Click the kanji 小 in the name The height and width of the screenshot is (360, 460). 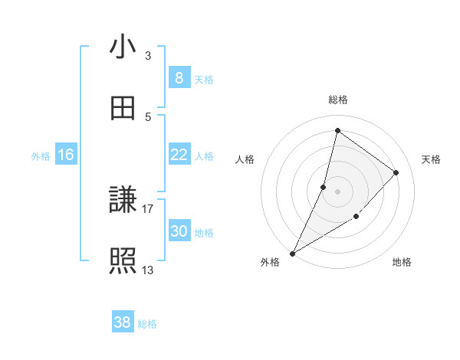(x=123, y=47)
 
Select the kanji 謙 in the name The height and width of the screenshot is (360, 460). (x=123, y=201)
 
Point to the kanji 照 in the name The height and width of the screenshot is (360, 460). (x=123, y=261)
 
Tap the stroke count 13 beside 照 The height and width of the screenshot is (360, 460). (x=147, y=270)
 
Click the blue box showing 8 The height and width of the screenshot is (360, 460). (x=179, y=78)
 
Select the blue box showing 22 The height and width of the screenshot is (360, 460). (x=179, y=155)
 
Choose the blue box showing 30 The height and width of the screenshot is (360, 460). (x=179, y=231)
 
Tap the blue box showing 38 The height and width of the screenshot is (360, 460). (x=123, y=322)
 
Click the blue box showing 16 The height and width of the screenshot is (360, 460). (x=66, y=155)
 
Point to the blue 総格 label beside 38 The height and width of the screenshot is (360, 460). (x=147, y=324)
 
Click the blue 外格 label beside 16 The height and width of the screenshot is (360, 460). (x=41, y=156)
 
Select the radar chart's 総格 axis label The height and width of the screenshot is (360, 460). (x=337, y=100)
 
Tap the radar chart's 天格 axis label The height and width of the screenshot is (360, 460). (x=431, y=159)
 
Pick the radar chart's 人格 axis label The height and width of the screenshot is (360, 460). (x=245, y=159)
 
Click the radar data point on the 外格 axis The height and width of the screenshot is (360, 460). (x=292, y=254)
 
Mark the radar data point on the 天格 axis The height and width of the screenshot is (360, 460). (x=396, y=172)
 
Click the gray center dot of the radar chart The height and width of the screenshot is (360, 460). (x=337, y=191)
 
